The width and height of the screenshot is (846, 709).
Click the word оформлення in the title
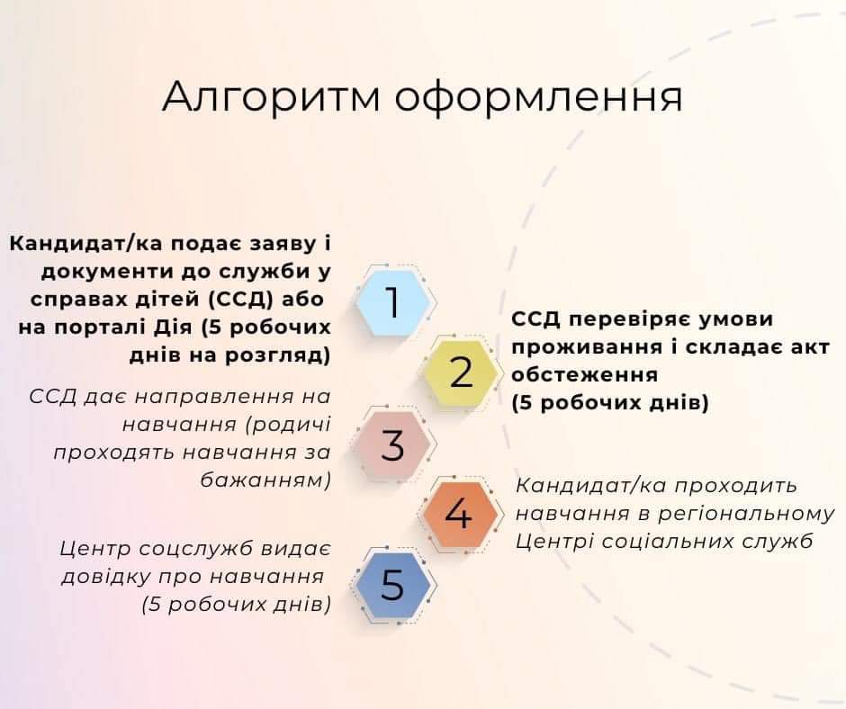tap(539, 98)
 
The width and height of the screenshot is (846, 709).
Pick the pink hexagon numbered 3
tap(392, 444)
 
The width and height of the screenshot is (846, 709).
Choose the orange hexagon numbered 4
tap(459, 515)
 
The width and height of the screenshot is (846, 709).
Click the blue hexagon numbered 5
tap(392, 585)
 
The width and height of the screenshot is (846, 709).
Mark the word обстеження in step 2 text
tap(584, 374)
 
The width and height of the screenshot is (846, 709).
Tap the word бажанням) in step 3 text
tap(265, 480)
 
